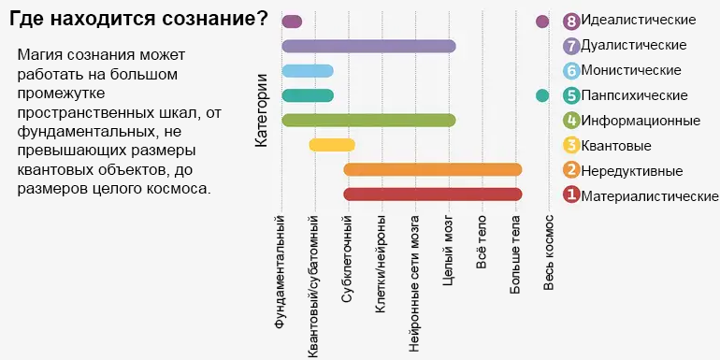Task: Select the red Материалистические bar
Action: (432, 194)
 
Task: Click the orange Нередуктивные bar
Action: (432, 169)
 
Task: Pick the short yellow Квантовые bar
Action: (332, 144)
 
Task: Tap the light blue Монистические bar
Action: (308, 71)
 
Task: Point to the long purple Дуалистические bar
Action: (368, 46)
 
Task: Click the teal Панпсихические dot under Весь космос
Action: (542, 95)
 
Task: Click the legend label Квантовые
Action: (616, 145)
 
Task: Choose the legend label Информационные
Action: (641, 120)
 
